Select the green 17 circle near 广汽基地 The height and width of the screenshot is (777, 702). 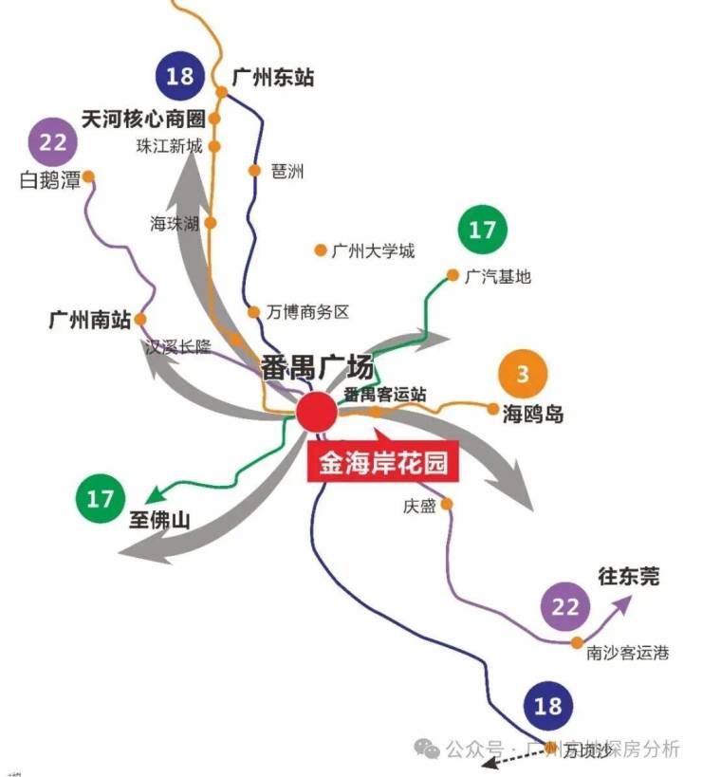(x=482, y=229)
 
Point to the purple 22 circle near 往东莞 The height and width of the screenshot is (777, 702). (x=564, y=607)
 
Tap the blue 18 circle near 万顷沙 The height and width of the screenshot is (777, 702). (x=547, y=705)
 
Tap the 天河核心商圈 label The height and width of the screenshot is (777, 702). (x=143, y=120)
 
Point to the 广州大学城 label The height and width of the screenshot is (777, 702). (x=373, y=251)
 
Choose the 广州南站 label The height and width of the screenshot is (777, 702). (x=90, y=319)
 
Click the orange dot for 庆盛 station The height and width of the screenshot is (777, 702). (x=447, y=504)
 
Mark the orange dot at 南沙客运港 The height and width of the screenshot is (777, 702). (x=577, y=642)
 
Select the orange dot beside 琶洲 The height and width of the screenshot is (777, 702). (x=253, y=171)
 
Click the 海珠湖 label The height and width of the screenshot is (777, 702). (x=175, y=223)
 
